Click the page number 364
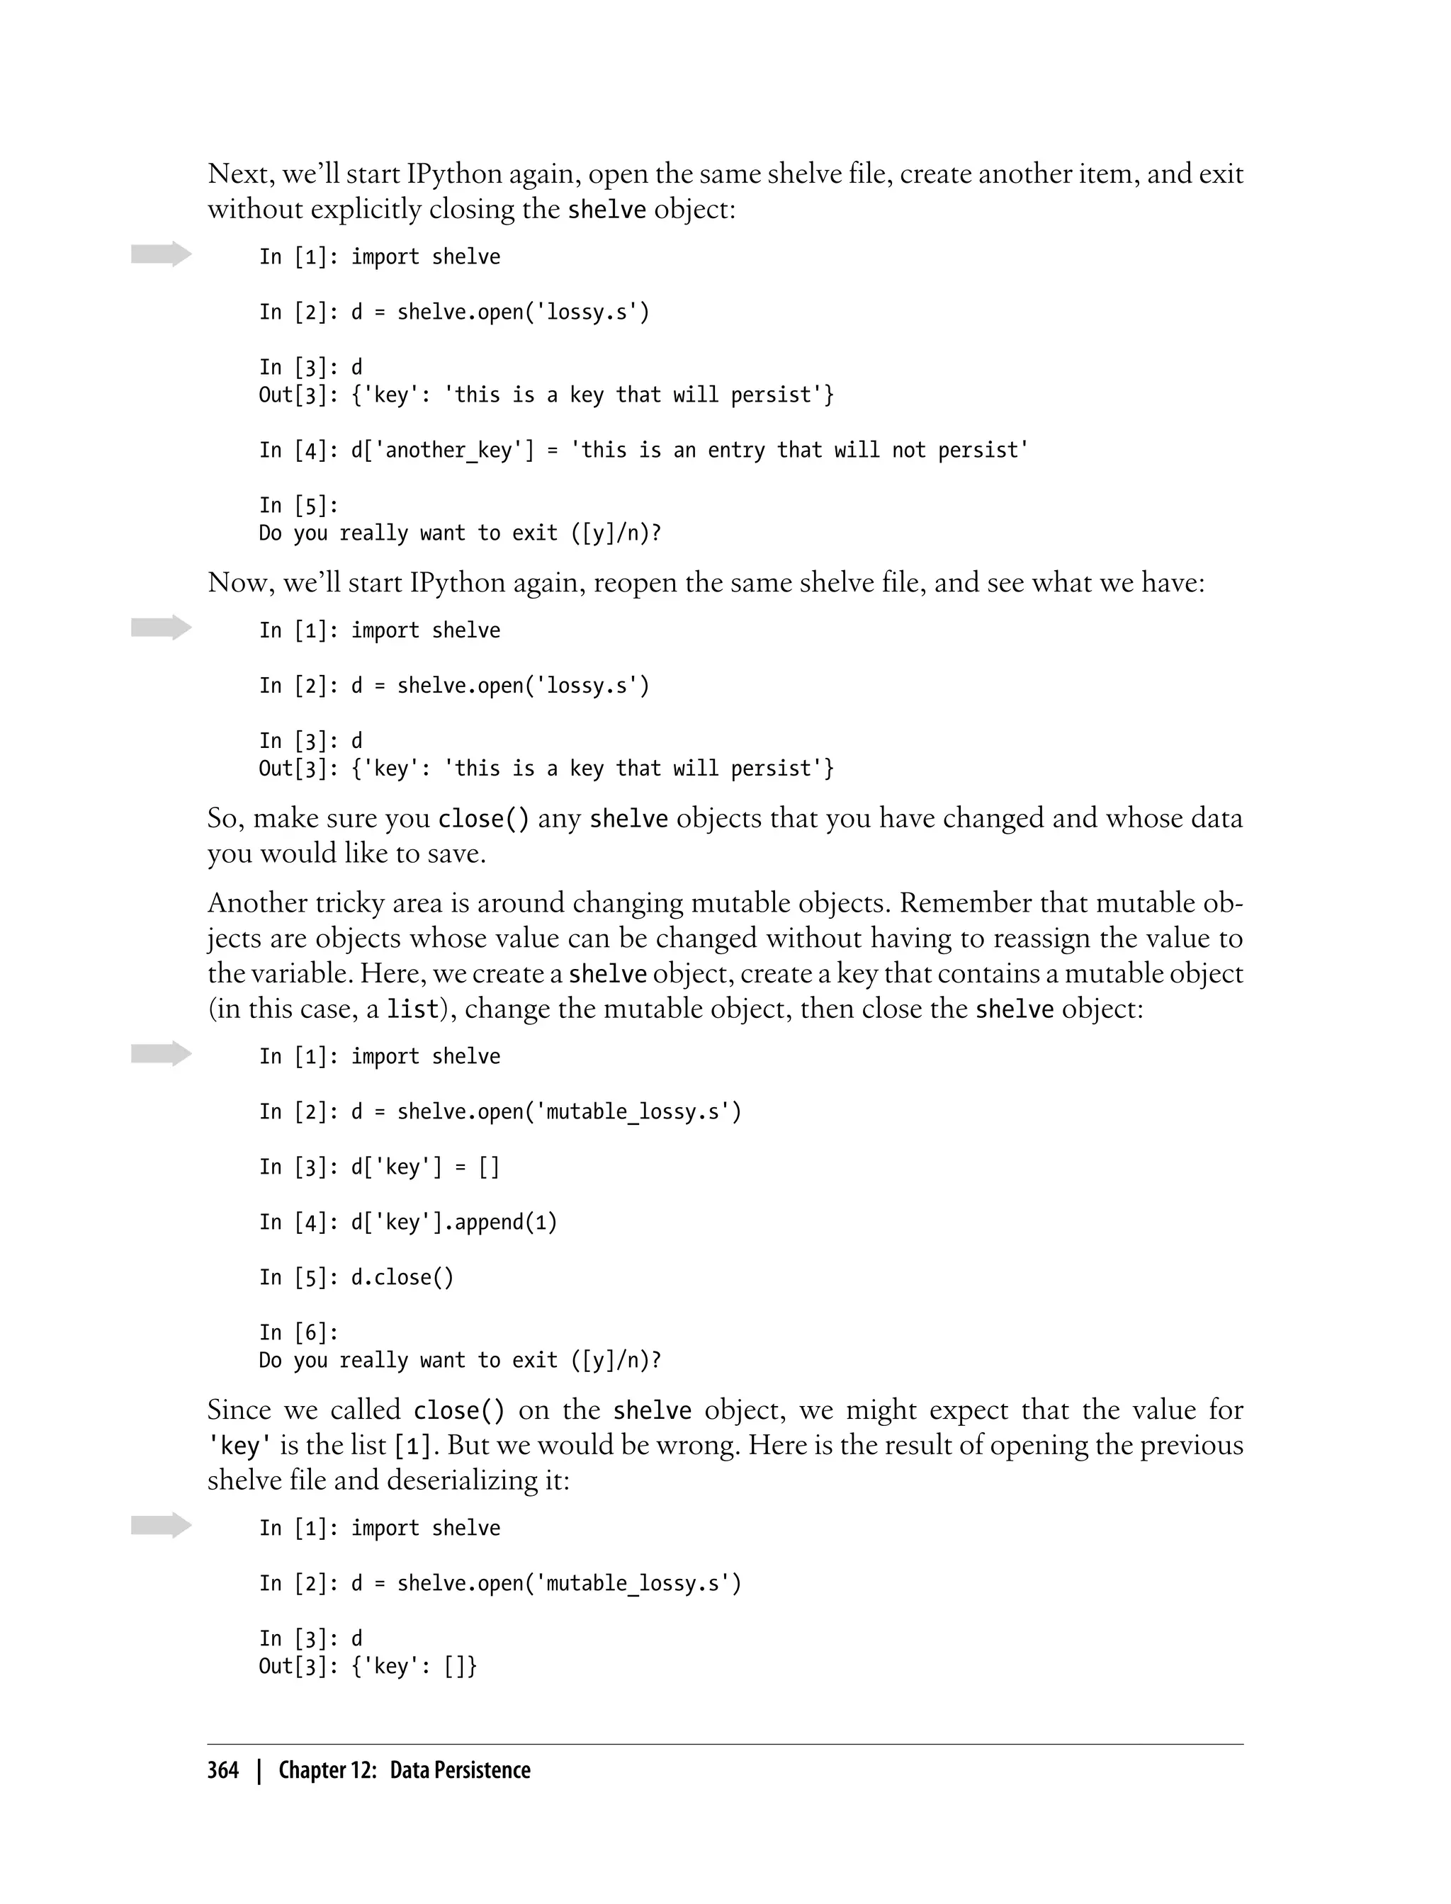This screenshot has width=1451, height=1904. coord(223,1770)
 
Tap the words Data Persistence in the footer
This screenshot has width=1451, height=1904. coord(460,1770)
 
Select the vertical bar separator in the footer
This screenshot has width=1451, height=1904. coord(258,1771)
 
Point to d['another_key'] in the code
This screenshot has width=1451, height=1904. coord(442,450)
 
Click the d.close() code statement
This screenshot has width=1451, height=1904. coord(402,1277)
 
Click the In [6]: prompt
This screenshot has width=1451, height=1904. coord(299,1332)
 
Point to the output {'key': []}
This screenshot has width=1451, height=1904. coord(414,1666)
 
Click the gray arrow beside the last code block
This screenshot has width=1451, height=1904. coord(162,1526)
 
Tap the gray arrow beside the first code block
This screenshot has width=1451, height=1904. coord(162,254)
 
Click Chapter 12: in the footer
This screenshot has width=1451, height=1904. coord(327,1770)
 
